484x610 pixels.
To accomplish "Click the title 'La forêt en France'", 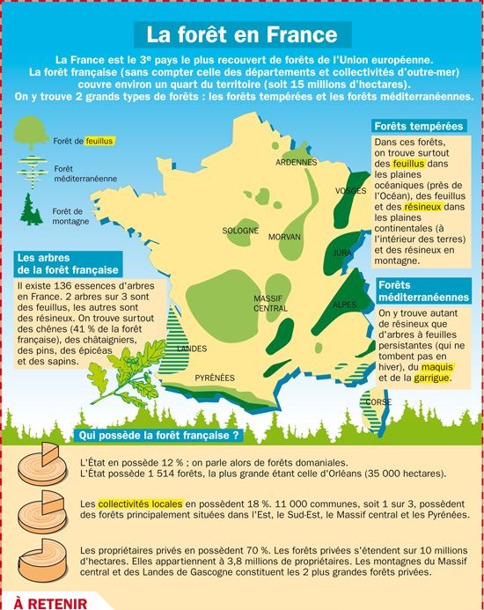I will (241, 35).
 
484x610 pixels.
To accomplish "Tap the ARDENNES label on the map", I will (296, 163).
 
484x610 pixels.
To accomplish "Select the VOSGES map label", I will (350, 191).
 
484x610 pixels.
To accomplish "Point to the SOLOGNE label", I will (239, 231).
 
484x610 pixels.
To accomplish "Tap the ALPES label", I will (345, 305).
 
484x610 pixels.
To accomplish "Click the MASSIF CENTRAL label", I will (270, 304).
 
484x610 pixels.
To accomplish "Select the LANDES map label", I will (192, 349).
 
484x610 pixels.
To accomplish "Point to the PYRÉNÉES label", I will (215, 378).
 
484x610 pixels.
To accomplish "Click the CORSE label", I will (378, 401).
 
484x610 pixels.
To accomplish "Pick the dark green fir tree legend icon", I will (31, 209).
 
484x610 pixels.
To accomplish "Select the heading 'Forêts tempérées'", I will (417, 127).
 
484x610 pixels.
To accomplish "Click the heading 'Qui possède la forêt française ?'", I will (159, 435).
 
